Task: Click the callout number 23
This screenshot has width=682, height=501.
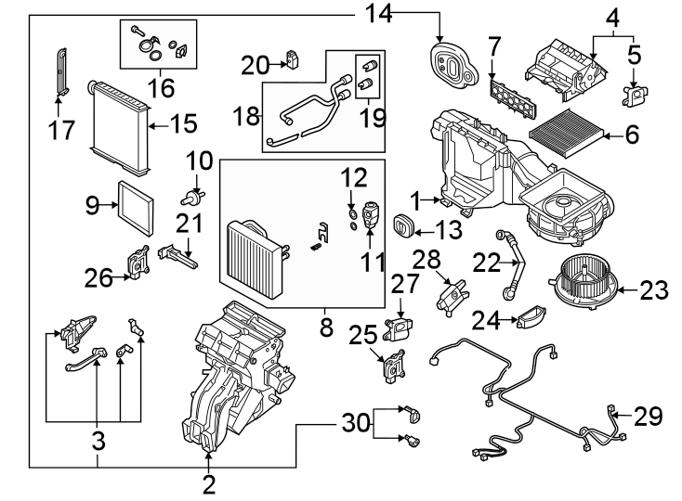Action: tap(654, 291)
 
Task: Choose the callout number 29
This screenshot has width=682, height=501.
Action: tap(649, 417)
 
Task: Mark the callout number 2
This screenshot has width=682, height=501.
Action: tap(209, 483)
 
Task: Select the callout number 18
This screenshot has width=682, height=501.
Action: tap(246, 118)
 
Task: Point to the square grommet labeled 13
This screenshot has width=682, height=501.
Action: tap(405, 227)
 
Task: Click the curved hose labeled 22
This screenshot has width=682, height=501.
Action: tap(511, 264)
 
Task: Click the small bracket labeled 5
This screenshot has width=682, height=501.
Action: tap(635, 94)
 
